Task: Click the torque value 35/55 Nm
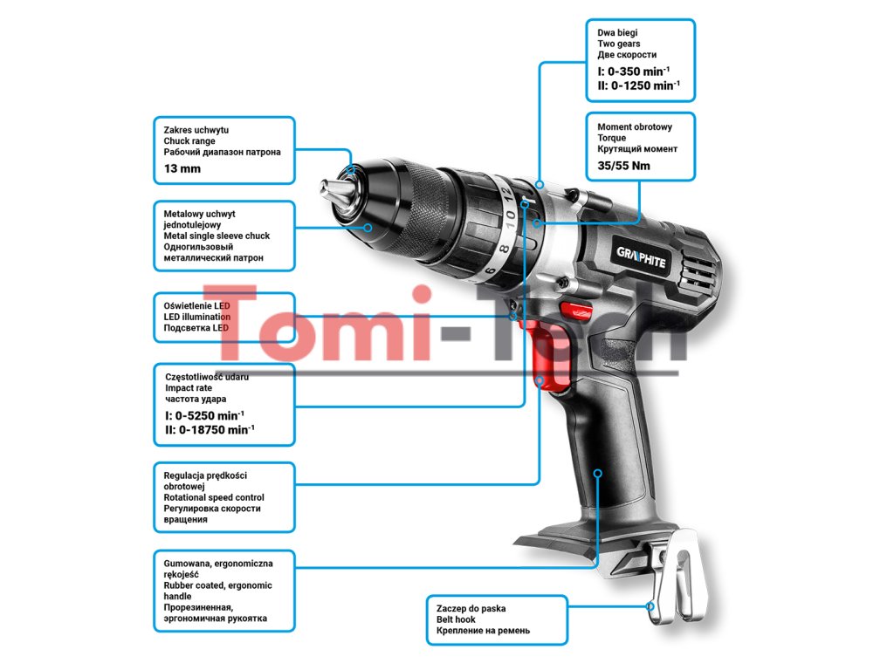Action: coord(623,165)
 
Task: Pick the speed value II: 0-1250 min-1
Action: coord(638,85)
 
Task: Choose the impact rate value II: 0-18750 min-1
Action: coord(210,429)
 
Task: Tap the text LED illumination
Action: coord(197,317)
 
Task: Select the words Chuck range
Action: coord(189,140)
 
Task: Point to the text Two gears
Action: coord(618,44)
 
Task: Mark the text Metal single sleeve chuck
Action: coord(217,236)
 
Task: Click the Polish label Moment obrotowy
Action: coord(635,126)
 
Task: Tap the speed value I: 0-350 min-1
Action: coord(634,70)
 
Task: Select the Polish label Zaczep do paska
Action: coord(471,608)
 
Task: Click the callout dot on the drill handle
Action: coord(598,473)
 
